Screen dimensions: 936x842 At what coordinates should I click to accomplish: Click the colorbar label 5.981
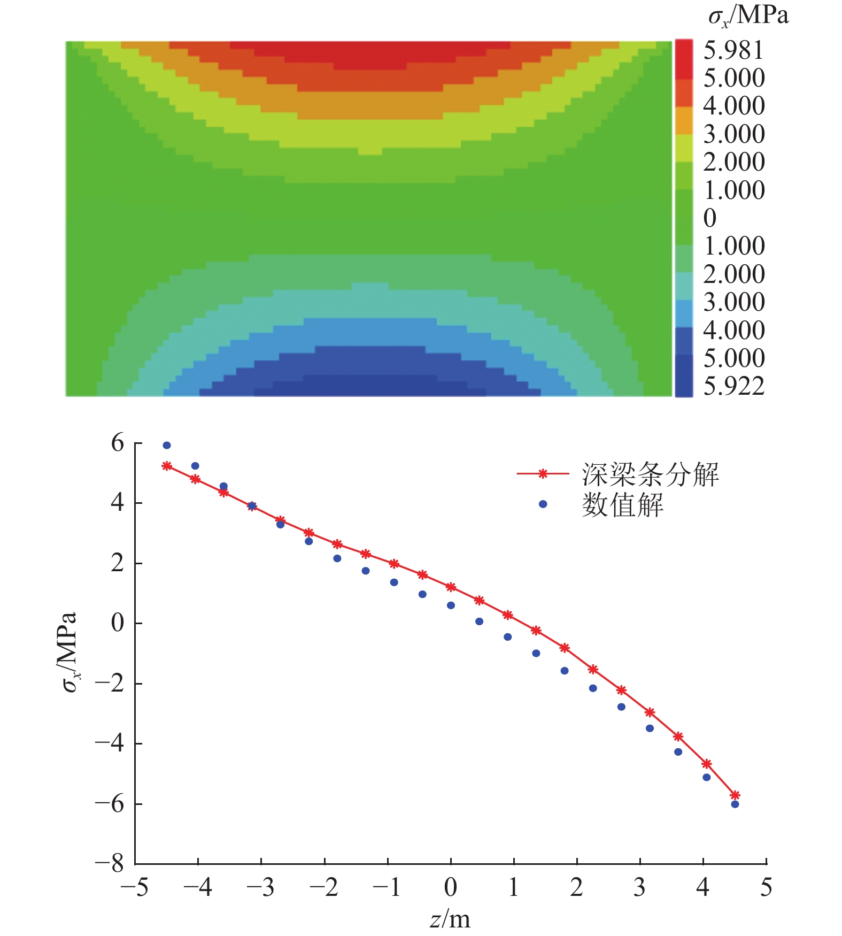(733, 50)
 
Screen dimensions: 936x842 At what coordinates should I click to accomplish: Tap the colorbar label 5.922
(733, 386)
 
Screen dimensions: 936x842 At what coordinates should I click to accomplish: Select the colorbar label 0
(710, 218)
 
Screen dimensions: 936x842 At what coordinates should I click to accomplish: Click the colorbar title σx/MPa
(748, 16)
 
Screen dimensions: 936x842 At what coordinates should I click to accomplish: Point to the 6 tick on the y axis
(118, 443)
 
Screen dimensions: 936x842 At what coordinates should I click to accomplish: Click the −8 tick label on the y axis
(110, 863)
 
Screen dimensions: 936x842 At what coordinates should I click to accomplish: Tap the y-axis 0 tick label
(118, 624)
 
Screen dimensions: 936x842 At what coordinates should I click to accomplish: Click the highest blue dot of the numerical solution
(167, 446)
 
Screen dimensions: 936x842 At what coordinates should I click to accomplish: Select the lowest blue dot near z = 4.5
(735, 804)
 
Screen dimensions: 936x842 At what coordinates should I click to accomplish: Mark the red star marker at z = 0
(451, 587)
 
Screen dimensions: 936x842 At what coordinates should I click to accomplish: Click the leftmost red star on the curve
(167, 466)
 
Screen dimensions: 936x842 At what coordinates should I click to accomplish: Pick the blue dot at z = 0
(451, 605)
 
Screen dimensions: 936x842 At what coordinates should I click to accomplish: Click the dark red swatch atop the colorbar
(684, 59)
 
